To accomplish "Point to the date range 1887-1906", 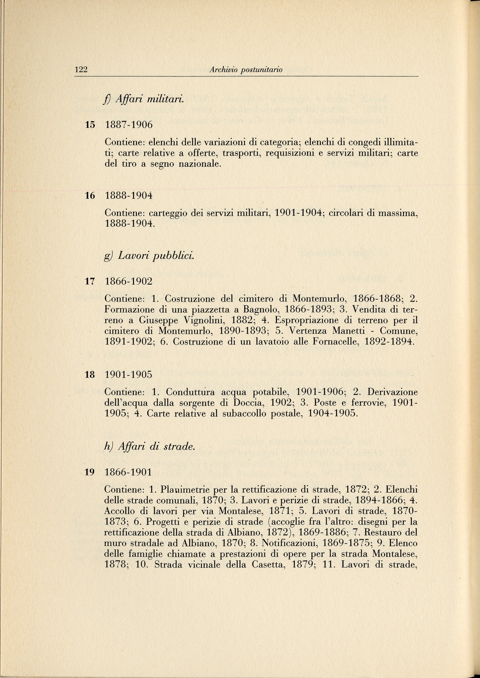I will tap(129, 125).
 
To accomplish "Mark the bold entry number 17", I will tap(90, 281).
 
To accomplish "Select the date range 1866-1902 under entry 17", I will tap(129, 281).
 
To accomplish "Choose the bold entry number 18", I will tap(90, 375).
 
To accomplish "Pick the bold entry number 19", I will tap(90, 472).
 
